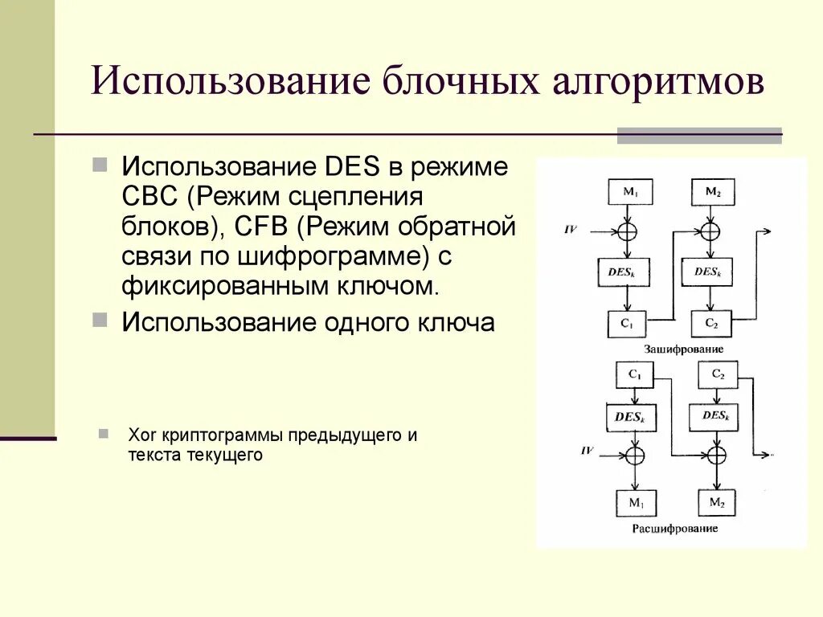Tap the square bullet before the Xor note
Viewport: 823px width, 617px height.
point(104,434)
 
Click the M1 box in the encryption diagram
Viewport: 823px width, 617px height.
point(630,191)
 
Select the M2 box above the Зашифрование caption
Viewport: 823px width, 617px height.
point(713,191)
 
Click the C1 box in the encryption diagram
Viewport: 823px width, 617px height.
point(627,324)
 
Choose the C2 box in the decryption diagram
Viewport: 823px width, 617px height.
point(718,374)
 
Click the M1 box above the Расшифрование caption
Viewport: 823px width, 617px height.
point(636,503)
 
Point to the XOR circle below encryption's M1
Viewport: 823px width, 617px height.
point(627,231)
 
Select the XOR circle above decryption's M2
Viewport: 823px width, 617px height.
point(715,455)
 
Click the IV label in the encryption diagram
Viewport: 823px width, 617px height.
point(571,230)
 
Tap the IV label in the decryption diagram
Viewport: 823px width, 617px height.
point(588,451)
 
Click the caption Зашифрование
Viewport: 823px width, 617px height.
point(683,349)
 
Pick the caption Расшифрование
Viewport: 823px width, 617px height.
point(675,529)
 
